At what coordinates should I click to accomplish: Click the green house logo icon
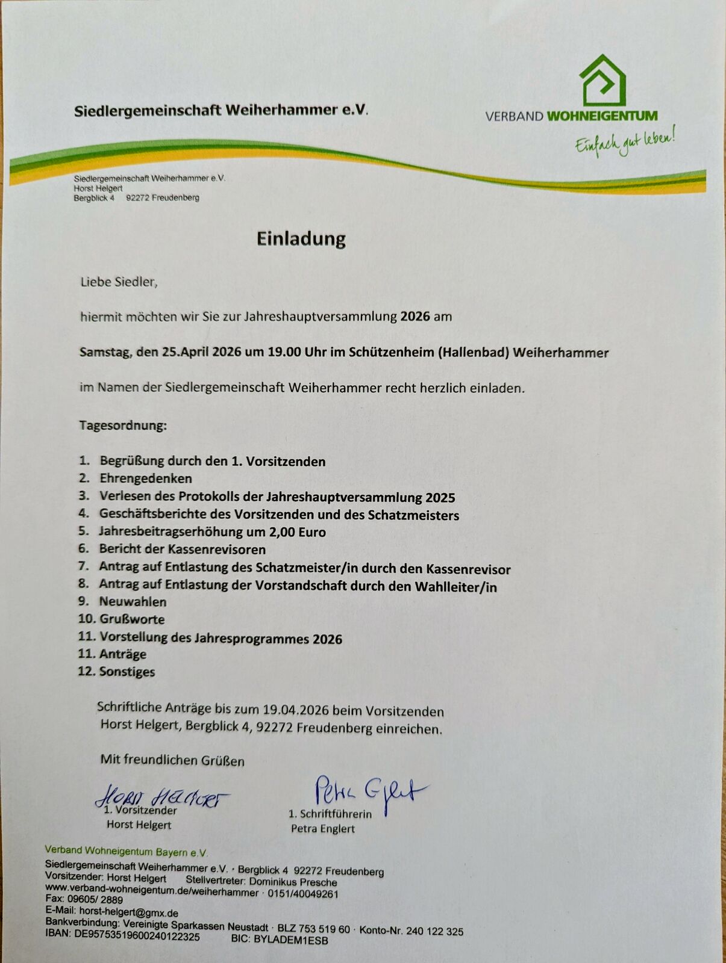click(x=602, y=80)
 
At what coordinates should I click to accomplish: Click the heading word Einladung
click(x=301, y=239)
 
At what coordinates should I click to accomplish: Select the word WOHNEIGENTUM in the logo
click(x=601, y=116)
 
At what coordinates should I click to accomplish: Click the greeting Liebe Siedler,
click(x=119, y=282)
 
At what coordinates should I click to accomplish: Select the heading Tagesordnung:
click(x=123, y=426)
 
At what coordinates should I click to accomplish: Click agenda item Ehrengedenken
click(x=146, y=478)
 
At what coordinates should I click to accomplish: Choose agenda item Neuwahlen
click(x=133, y=601)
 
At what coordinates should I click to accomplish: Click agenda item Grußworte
click(x=132, y=619)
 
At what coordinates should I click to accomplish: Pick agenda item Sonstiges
click(x=127, y=672)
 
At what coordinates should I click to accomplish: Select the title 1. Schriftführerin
click(x=330, y=814)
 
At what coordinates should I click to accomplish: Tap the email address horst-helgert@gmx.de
click(x=128, y=912)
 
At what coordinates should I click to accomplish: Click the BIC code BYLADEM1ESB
click(x=291, y=939)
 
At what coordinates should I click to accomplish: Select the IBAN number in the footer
click(x=137, y=937)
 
